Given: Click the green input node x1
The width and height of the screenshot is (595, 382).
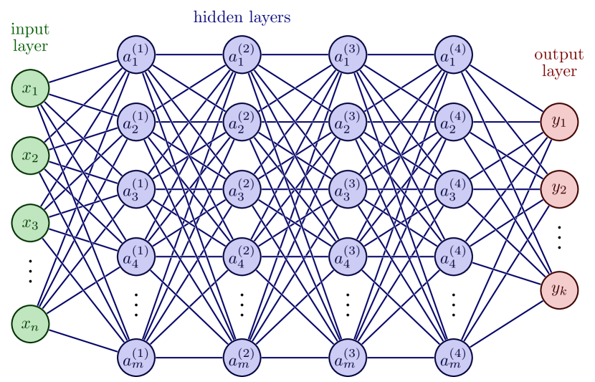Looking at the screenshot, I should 30,88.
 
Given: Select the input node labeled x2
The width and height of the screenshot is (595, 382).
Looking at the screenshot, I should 30,156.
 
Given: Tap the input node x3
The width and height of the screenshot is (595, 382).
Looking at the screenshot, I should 30,223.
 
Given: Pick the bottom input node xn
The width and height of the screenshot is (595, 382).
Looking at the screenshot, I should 30,324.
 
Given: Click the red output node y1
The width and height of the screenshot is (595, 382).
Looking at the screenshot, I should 559,122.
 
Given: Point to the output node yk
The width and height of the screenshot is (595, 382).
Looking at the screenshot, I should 559,290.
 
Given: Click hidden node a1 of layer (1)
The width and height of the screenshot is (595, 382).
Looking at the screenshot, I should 136,54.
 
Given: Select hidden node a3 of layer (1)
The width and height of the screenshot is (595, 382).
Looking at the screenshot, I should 136,189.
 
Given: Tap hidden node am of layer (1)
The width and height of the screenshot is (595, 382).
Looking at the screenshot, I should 136,358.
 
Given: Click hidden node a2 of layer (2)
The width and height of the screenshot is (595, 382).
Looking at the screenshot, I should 242,122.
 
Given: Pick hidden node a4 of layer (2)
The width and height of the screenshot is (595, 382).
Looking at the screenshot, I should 242,257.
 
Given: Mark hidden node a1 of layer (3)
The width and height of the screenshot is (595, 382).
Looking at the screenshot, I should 348,54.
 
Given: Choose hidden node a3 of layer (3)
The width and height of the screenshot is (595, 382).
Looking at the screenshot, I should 348,189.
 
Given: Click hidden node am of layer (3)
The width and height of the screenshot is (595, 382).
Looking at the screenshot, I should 348,358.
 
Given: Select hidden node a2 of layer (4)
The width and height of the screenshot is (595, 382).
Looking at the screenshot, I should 454,122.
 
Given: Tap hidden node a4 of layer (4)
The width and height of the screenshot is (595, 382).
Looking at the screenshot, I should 454,257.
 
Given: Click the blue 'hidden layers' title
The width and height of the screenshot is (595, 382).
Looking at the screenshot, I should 242,17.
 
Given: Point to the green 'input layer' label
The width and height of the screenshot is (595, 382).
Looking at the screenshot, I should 30,38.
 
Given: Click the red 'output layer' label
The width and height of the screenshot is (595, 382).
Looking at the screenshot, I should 558,63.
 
